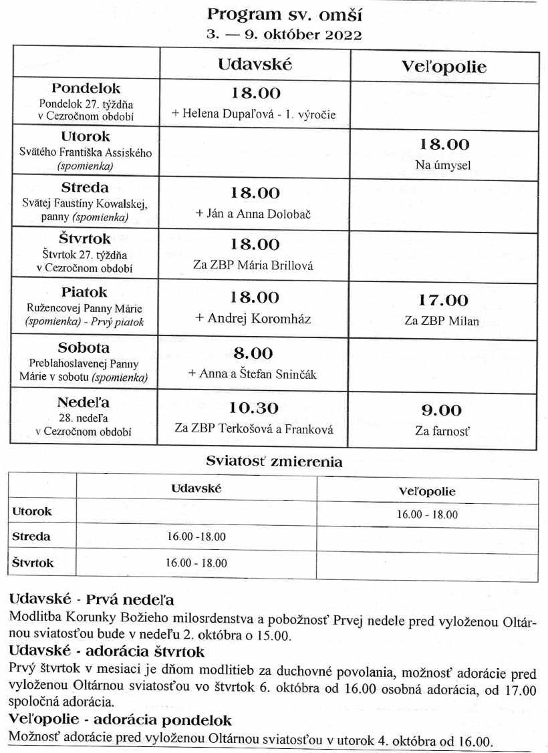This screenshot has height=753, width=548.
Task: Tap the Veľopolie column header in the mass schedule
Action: pos(444,67)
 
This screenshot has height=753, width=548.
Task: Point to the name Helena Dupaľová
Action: pos(230,114)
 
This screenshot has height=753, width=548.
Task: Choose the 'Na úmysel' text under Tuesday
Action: pos(444,165)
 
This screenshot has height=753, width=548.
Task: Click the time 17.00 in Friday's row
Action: pos(444,301)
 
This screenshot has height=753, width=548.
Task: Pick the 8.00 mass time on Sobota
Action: pos(252,354)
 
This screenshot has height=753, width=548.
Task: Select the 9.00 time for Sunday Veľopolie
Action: pos(442,410)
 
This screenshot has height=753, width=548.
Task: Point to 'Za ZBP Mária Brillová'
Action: pos(253,265)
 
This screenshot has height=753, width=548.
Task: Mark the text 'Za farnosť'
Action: pos(442,432)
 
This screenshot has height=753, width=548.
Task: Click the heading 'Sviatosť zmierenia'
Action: pos(274,461)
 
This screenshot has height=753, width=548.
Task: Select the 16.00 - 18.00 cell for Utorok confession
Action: pos(427,514)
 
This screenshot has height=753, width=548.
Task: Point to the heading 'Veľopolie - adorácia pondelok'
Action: pos(120,721)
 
